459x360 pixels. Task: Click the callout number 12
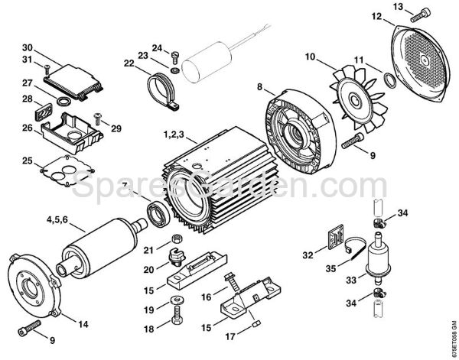[x=376, y=15]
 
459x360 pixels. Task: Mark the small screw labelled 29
[x=97, y=118]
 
